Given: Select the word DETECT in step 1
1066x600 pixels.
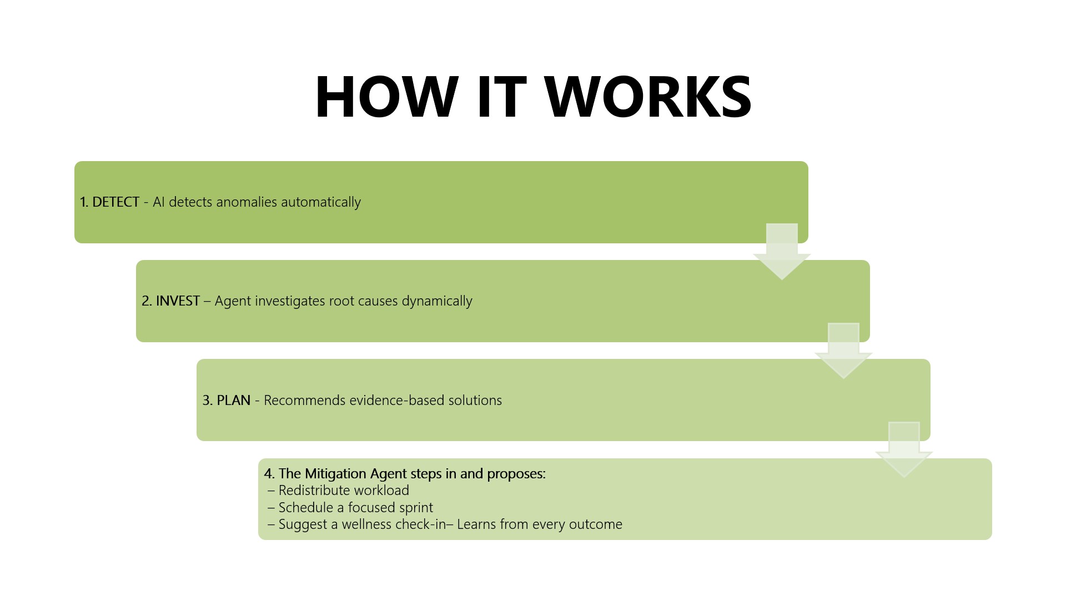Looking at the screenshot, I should coord(115,202).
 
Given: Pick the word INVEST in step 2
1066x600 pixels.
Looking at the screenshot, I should coord(178,301).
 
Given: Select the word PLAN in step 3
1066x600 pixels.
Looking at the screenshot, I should coord(233,401).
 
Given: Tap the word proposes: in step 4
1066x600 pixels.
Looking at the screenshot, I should coord(516,474).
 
